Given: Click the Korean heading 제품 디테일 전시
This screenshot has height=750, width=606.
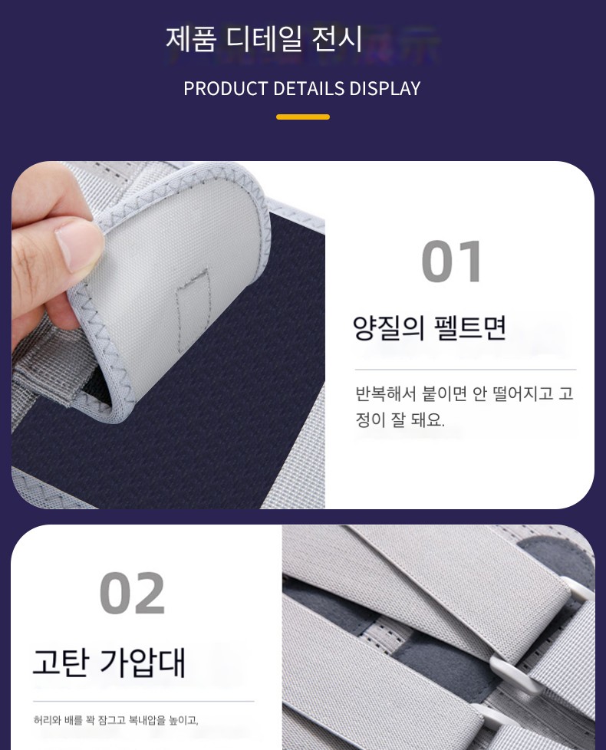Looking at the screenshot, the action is pos(264,39).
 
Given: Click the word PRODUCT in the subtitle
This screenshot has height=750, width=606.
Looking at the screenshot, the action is pos(226,88).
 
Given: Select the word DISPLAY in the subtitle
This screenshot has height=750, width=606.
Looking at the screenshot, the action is pos(385,88).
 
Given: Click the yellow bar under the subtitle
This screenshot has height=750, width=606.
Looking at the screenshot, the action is pos(303,117).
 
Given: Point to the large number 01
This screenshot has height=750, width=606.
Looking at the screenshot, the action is pos(452,262).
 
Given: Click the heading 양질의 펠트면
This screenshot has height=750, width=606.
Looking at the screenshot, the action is pos(429,328).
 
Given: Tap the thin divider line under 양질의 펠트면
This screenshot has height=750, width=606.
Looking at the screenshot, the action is pos(466,370).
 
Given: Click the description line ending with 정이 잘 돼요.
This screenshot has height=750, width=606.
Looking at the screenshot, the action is pos(400,420).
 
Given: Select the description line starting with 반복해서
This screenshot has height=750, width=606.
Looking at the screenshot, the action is pos(464,393).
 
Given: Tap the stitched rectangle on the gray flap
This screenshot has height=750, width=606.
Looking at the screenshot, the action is pos(194,311).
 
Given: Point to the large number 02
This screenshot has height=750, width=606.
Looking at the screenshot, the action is pos(133,593).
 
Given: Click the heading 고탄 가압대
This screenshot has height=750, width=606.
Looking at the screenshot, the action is pos(109,663).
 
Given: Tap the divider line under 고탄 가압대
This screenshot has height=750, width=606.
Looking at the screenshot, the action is pos(143,701).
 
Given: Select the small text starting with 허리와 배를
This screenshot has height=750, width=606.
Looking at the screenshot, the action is pos(116,720).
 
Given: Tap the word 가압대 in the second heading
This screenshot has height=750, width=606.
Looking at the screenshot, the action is pos(143,663).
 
